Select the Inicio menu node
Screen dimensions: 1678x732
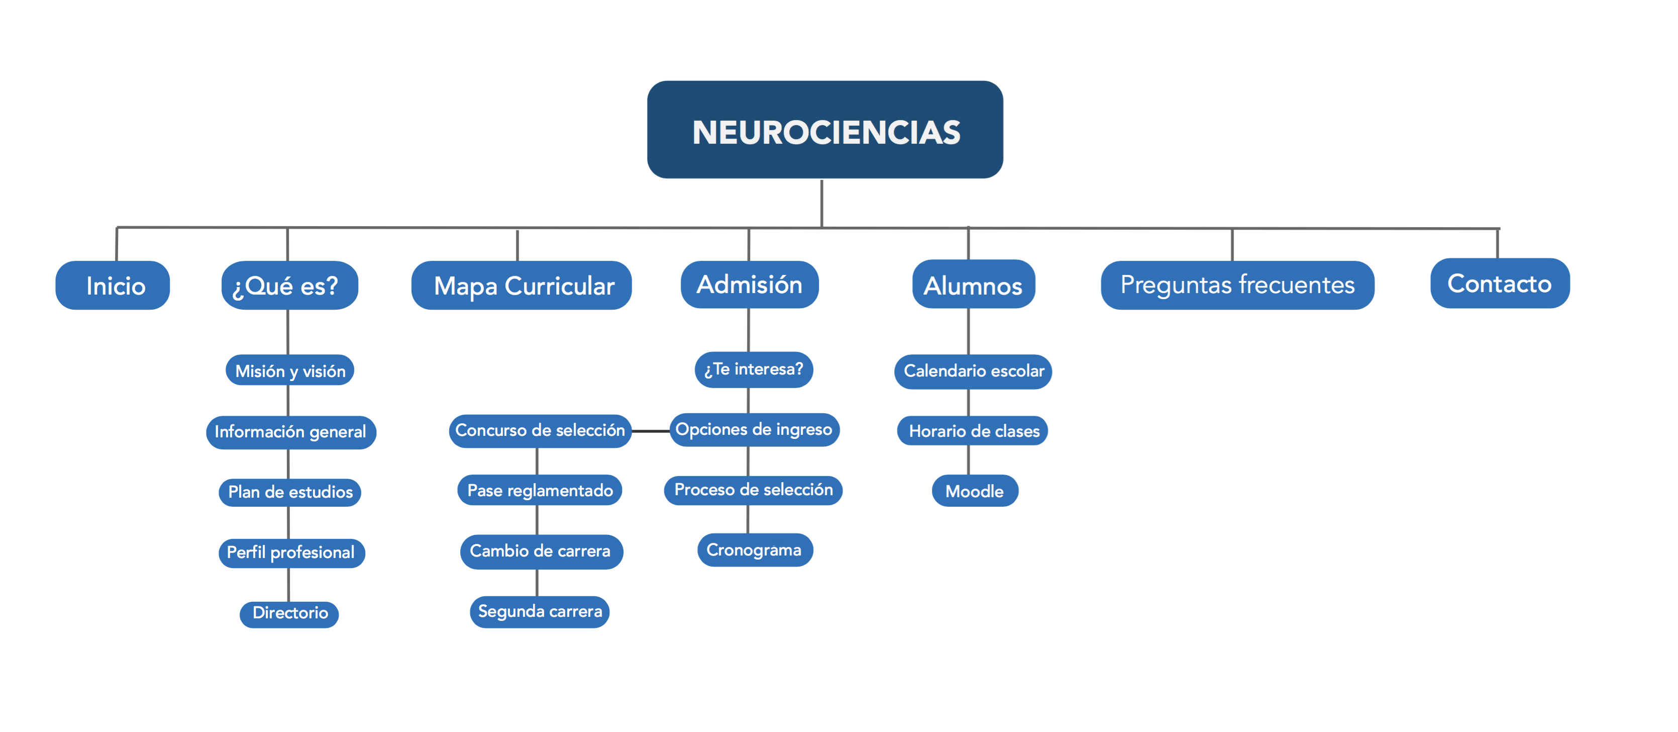coord(113,286)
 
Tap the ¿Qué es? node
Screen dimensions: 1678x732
coord(289,286)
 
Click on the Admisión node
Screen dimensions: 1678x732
coord(749,284)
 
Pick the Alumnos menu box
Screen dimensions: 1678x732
coord(973,284)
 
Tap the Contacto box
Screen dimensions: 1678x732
coord(1500,283)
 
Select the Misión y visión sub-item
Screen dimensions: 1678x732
coord(290,370)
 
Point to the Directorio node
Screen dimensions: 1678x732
coord(289,614)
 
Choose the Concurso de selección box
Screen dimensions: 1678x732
coord(540,431)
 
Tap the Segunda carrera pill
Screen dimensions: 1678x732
coord(540,612)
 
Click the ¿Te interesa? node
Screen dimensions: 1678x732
coord(754,370)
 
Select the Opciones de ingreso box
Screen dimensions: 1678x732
coord(754,429)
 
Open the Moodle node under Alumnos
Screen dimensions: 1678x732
coord(975,491)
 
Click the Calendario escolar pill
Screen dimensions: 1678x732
coord(973,372)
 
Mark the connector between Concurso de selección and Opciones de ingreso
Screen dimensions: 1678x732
coord(651,431)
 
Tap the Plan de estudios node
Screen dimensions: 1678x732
coord(290,492)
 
